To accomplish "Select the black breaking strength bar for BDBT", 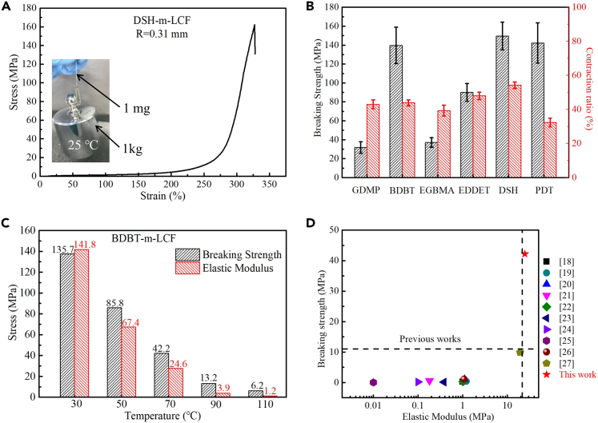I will pyautogui.click(x=395, y=111).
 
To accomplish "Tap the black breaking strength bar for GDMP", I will pyautogui.click(x=360, y=162).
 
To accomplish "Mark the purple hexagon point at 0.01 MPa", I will pyautogui.click(x=373, y=382).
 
